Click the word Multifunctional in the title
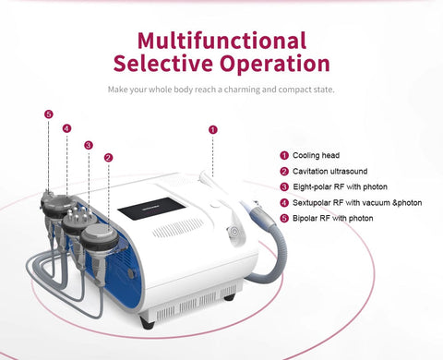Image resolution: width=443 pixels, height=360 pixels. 221,41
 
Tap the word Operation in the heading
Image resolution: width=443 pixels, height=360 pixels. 275,65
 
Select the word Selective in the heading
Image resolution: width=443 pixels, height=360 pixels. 163,63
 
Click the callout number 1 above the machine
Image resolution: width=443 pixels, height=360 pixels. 213,129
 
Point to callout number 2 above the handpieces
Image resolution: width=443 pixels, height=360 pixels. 108,158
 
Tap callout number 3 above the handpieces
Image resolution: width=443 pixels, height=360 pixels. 89,145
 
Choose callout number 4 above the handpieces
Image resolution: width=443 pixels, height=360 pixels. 66,128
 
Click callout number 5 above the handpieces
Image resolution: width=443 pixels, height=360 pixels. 49,114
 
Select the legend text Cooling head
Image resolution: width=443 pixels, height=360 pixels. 316,155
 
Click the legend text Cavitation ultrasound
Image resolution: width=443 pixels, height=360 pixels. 329,171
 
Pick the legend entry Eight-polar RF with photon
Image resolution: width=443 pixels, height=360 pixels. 340,186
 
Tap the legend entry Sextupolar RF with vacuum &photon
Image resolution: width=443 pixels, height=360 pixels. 357,203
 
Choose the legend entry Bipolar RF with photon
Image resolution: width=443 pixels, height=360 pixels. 333,218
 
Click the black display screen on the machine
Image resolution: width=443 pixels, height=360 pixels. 151,209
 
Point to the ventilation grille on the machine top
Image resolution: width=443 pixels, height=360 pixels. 178,228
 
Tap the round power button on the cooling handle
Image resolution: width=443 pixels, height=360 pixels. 234,231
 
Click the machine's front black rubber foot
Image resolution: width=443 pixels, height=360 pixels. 147,322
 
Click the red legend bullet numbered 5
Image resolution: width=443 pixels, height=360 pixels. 284,219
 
